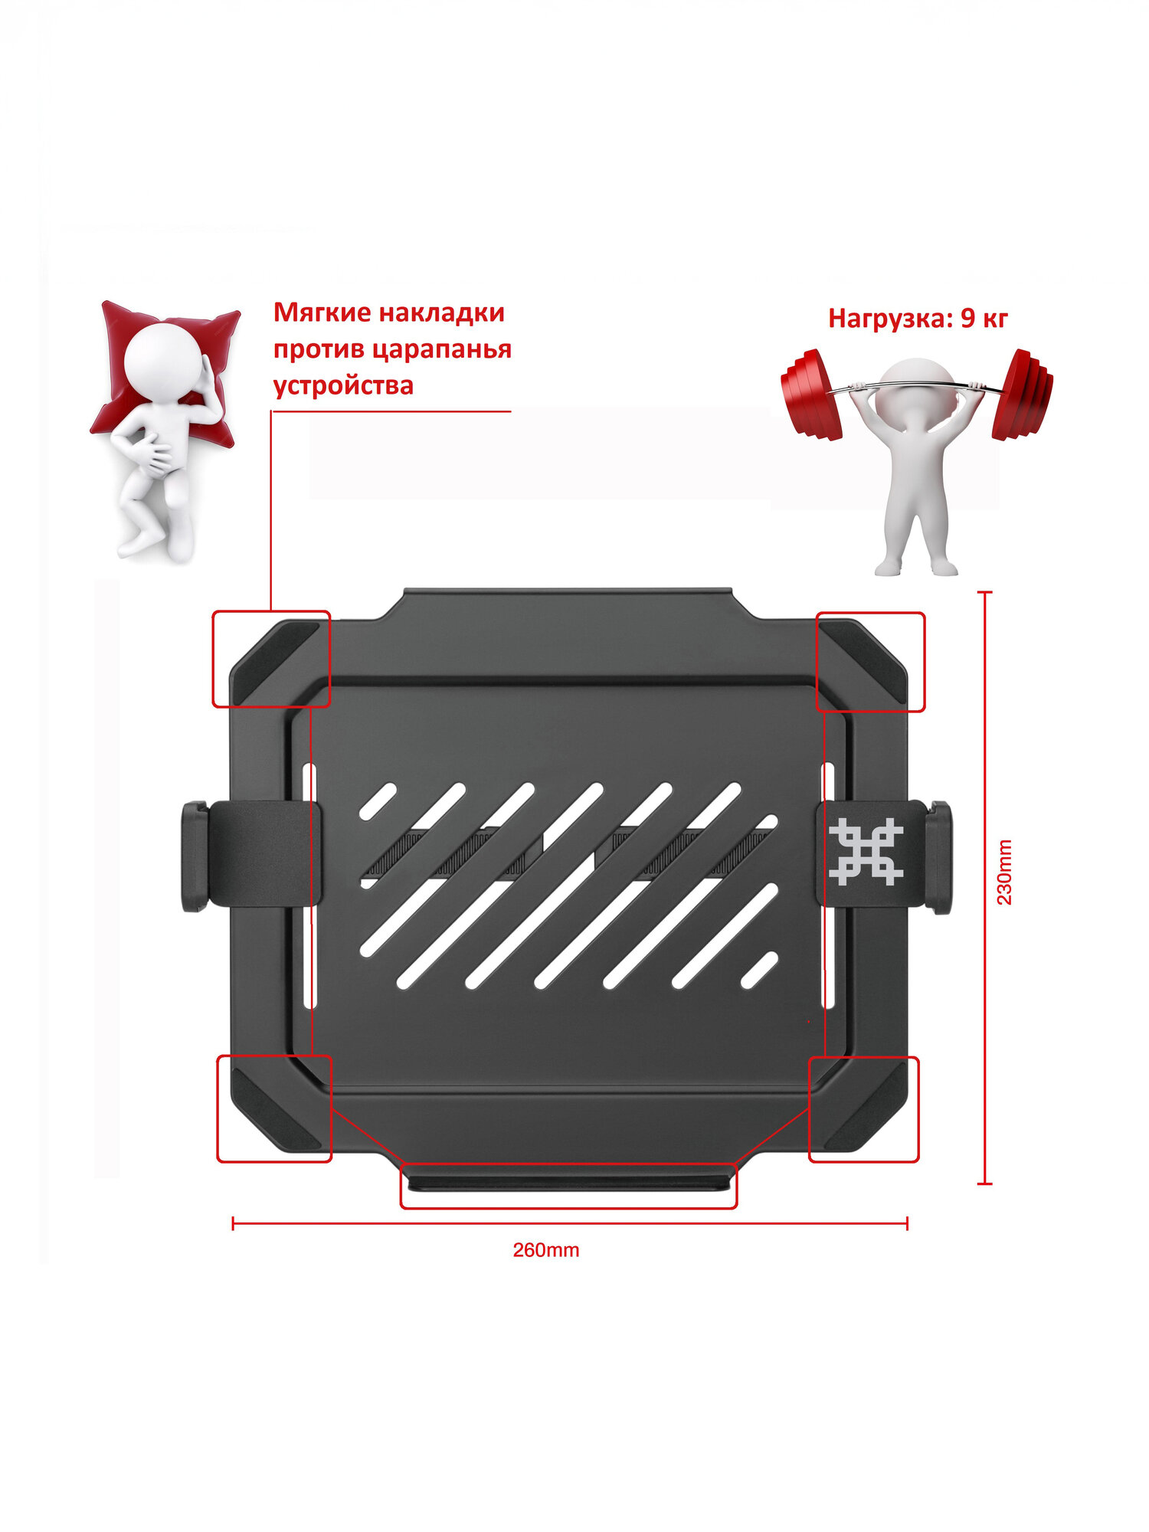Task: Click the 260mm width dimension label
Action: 545,1250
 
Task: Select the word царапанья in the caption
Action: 441,349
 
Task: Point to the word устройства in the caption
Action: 343,385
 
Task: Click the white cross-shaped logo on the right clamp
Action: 866,852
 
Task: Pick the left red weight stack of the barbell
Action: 812,394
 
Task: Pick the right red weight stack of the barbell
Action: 1023,394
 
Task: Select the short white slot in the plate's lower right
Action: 759,970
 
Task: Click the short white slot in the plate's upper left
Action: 378,800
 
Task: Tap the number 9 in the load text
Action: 967,319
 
